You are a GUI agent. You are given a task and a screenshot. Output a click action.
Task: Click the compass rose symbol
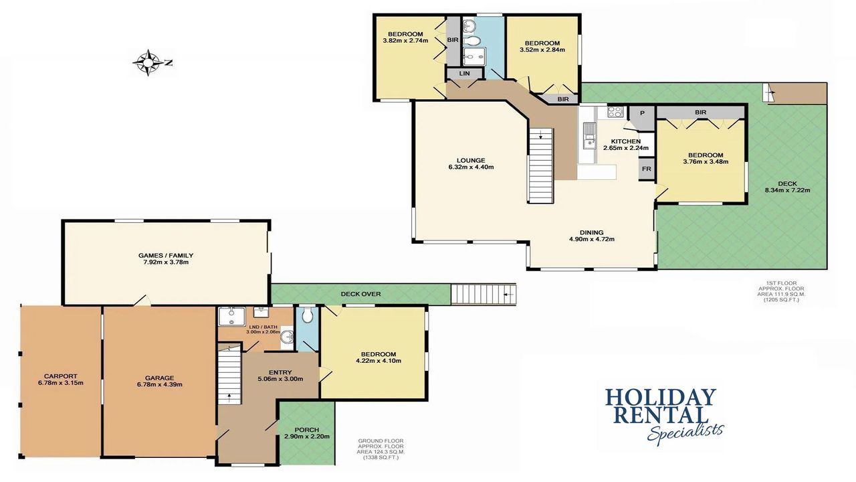(x=148, y=62)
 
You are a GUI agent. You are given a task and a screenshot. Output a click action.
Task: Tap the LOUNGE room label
(x=471, y=160)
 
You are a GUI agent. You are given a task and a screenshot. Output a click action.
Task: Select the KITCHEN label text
(x=625, y=141)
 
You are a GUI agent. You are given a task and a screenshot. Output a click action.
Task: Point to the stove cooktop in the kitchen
(x=615, y=111)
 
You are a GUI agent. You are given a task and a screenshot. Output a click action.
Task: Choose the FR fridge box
(x=646, y=169)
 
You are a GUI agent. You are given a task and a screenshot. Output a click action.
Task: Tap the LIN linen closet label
(x=465, y=74)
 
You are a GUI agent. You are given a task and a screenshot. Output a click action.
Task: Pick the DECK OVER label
(x=360, y=294)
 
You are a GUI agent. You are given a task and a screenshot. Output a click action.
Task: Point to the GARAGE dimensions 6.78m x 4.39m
(x=159, y=384)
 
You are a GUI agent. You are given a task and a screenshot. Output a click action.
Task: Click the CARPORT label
(x=60, y=376)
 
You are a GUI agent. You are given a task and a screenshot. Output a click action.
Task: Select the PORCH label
(x=306, y=430)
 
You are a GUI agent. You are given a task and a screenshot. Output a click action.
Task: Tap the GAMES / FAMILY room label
(x=166, y=255)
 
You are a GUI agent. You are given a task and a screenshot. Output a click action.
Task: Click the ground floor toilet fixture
(x=307, y=315)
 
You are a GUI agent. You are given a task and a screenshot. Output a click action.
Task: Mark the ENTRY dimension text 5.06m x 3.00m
(x=280, y=379)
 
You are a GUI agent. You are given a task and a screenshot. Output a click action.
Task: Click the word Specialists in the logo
(x=685, y=432)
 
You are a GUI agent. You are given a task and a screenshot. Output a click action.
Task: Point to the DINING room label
(x=592, y=232)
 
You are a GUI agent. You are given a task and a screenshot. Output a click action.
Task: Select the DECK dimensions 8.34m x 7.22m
(x=787, y=190)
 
